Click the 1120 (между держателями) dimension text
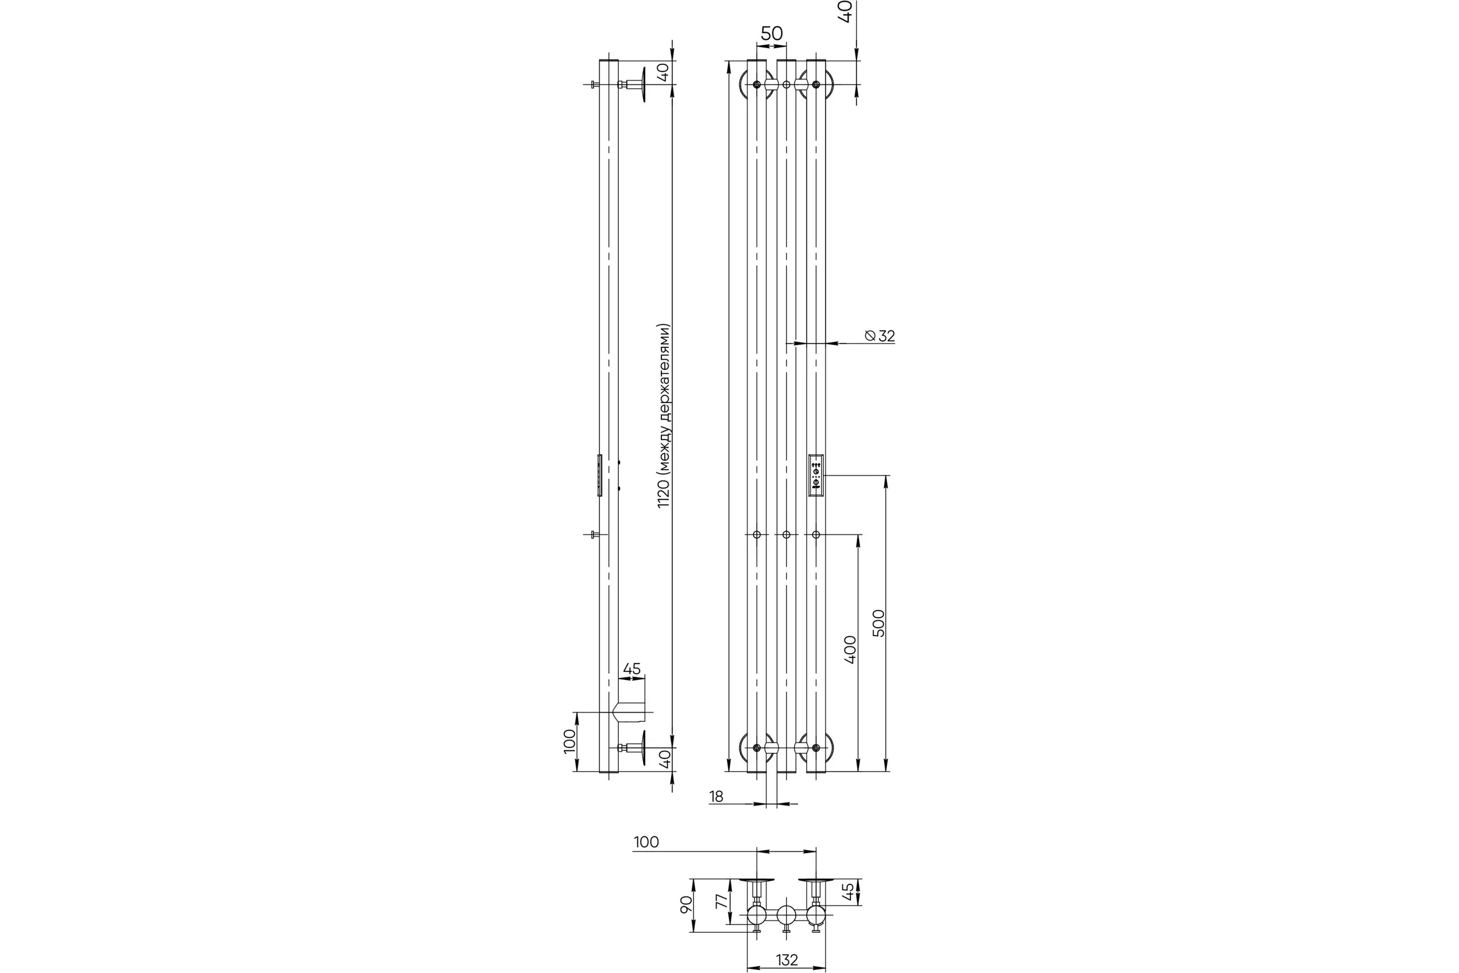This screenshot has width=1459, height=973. [664, 416]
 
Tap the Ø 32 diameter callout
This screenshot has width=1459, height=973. [880, 336]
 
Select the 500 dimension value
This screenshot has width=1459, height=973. [878, 623]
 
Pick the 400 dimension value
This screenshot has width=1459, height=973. [850, 649]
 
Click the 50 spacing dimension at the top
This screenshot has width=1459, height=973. [771, 33]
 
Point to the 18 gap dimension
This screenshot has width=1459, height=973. [717, 797]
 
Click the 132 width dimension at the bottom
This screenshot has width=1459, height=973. [787, 960]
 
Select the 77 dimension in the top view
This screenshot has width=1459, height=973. [722, 901]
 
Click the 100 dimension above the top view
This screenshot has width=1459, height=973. [646, 842]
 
